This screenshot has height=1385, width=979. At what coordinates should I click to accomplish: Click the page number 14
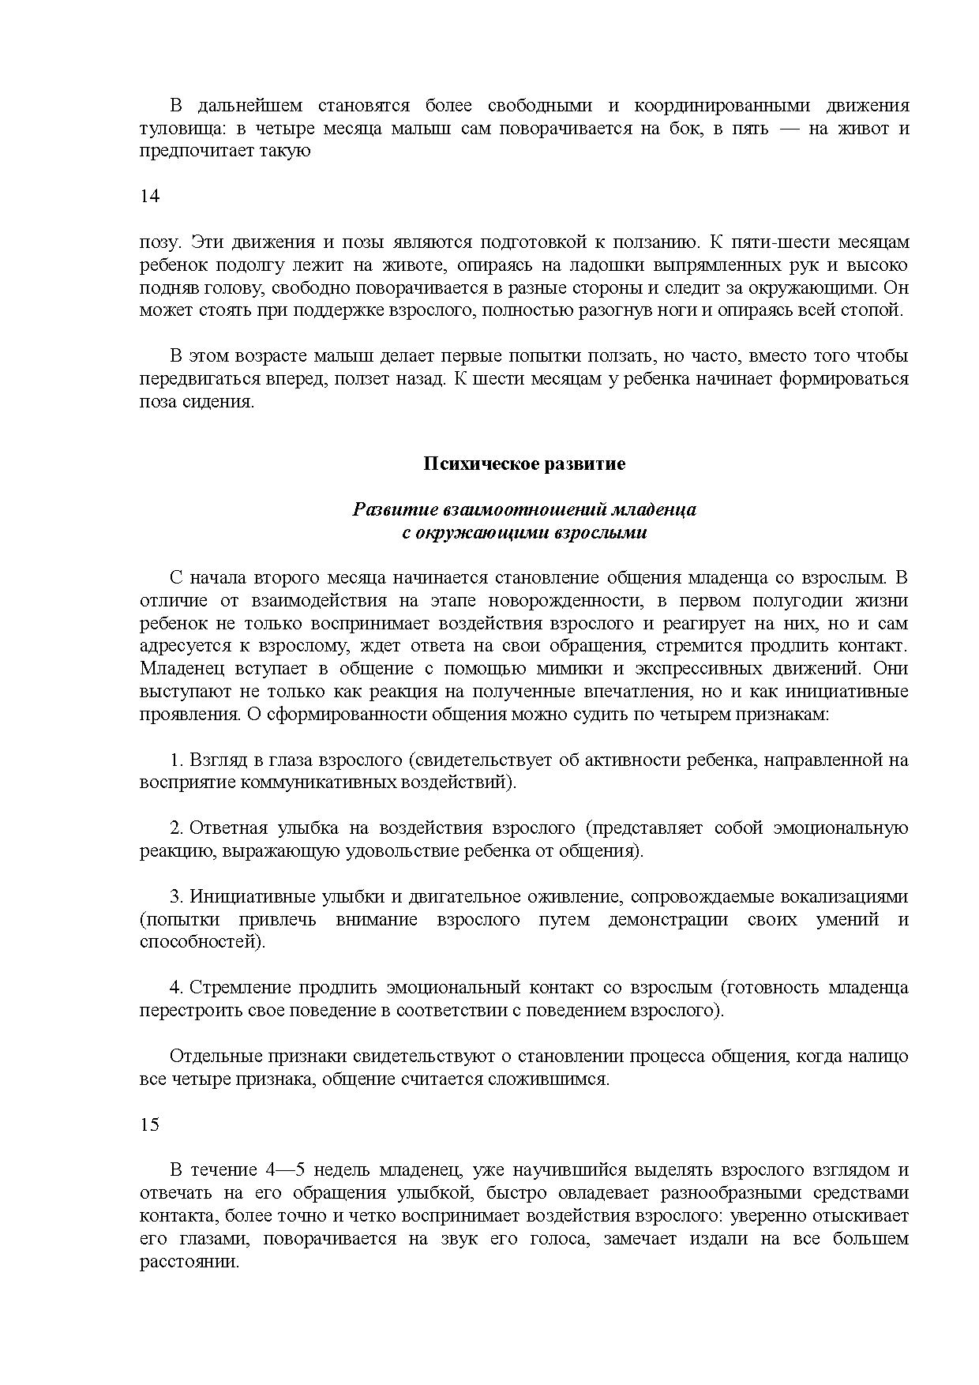(149, 197)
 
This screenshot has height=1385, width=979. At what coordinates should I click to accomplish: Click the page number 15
(149, 1124)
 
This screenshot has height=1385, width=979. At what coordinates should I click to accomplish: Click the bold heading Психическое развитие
(524, 464)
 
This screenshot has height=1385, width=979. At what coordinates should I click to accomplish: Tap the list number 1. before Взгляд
(177, 760)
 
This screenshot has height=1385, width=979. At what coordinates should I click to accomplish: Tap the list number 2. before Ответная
(177, 828)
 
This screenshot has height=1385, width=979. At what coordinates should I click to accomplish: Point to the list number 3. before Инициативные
(177, 897)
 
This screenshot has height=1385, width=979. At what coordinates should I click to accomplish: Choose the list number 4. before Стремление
(177, 988)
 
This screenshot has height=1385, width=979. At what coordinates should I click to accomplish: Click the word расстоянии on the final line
(189, 1261)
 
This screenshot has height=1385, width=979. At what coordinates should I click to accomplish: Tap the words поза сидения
(197, 402)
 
